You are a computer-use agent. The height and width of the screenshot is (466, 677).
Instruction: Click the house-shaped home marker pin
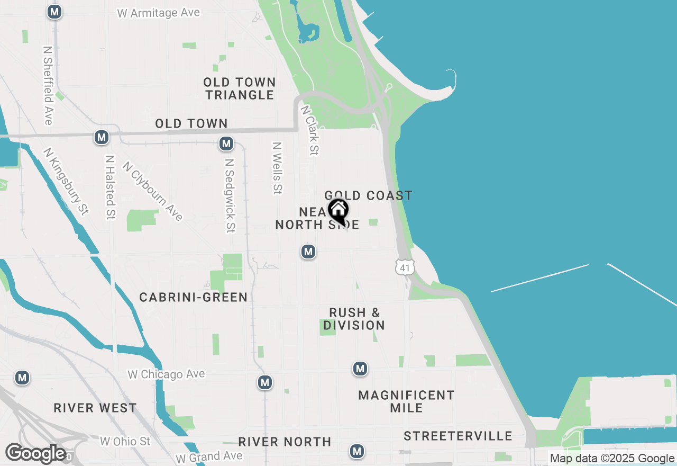(x=338, y=210)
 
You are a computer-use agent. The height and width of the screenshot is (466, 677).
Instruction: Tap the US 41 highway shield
(x=405, y=267)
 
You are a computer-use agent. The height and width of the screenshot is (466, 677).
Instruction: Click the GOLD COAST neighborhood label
(x=368, y=196)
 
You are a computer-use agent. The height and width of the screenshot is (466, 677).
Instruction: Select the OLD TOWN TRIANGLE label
(x=240, y=88)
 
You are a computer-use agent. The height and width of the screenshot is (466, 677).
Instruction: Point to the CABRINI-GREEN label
(x=194, y=298)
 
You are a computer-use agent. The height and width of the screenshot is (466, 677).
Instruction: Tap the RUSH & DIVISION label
(x=354, y=319)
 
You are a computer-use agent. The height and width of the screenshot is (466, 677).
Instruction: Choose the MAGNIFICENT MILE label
(x=406, y=401)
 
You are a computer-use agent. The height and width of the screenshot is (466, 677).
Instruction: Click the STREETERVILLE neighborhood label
(x=458, y=436)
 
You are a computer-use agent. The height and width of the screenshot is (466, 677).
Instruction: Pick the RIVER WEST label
(x=95, y=408)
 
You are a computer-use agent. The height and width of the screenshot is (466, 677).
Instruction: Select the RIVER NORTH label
(x=285, y=442)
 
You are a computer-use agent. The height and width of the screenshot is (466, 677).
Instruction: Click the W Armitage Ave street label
(x=159, y=13)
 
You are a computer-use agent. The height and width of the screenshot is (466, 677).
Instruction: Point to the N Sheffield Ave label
(x=48, y=85)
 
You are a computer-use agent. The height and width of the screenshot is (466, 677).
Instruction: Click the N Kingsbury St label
(x=66, y=181)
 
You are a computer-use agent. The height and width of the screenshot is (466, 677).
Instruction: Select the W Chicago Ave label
(x=166, y=374)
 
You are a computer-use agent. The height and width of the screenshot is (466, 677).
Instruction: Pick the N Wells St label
(x=277, y=168)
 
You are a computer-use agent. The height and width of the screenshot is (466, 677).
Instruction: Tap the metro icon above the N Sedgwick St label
(x=226, y=144)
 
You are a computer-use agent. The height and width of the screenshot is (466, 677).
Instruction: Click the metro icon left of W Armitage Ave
(x=54, y=12)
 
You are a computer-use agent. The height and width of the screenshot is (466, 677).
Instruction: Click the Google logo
(x=36, y=453)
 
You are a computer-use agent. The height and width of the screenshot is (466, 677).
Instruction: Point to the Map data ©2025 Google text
(x=612, y=459)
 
